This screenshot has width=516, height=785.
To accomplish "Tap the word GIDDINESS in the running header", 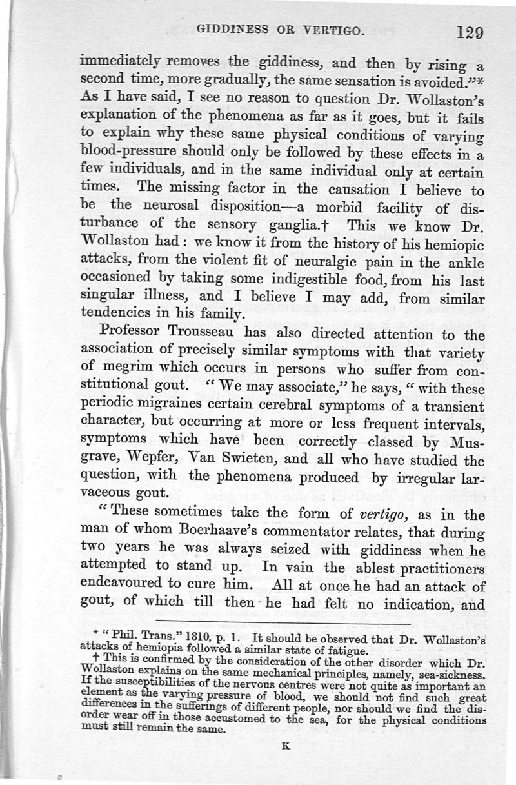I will coord(227,29).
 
